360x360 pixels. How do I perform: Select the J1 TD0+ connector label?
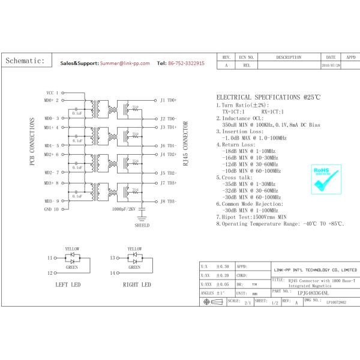pos(167,100)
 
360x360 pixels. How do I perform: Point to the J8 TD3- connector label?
pos(167,202)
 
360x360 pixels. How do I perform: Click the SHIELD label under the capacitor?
pos(142,226)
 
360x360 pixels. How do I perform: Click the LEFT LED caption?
pos(67,284)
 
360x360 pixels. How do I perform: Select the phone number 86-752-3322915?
pos(187,63)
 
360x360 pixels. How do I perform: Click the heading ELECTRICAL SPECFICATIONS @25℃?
pos(268,97)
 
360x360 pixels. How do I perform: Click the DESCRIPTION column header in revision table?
pos(289,57)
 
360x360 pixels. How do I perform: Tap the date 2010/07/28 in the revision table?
pos(331,65)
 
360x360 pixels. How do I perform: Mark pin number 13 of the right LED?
pos(112,258)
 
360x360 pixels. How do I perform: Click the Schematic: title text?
pos(25,61)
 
